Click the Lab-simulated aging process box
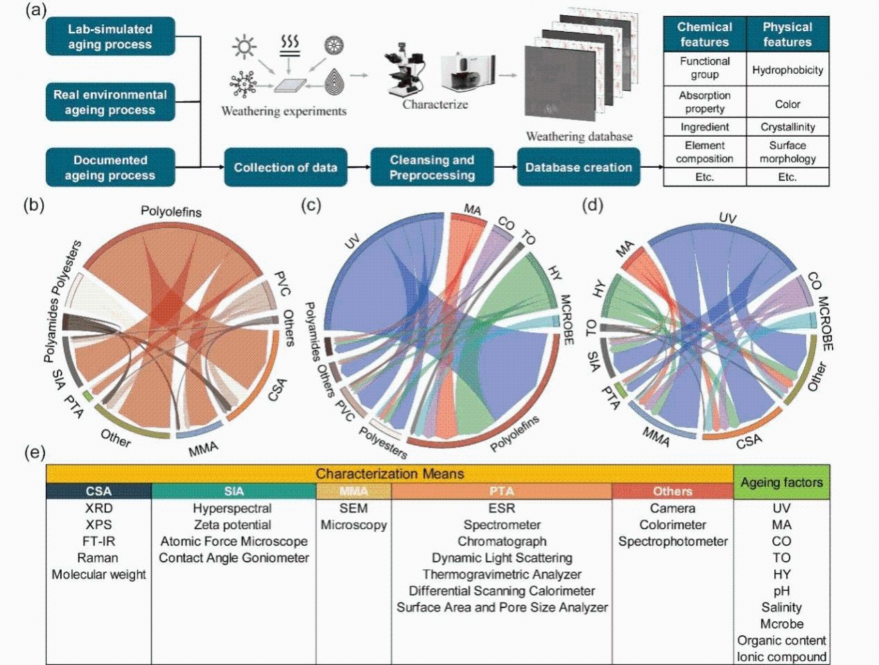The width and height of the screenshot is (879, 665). (110, 37)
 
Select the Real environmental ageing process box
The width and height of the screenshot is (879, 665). (110, 102)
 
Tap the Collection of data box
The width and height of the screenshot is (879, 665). (285, 167)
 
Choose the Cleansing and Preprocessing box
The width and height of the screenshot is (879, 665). (432, 167)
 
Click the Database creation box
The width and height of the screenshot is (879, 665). (578, 167)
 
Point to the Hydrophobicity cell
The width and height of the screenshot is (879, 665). (787, 69)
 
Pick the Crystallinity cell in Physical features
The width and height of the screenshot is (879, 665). (787, 127)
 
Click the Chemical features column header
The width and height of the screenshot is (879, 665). (704, 35)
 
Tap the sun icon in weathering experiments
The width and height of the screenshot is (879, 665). (243, 47)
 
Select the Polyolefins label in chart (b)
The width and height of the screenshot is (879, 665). (171, 211)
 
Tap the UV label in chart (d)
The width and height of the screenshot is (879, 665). (727, 218)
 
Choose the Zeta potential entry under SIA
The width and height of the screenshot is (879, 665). (233, 525)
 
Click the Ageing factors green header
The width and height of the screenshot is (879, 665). (781, 483)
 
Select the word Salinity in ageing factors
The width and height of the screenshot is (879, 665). (781, 607)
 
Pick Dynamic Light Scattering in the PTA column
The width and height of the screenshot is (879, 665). (502, 558)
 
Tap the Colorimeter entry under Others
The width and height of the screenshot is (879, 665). (672, 525)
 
